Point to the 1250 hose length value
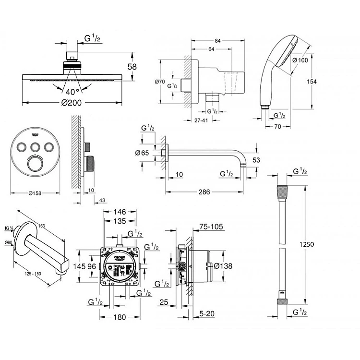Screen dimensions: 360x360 [x=307, y=244]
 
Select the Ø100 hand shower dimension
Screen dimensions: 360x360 [x=301, y=60]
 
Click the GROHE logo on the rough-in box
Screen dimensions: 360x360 [x=120, y=257]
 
